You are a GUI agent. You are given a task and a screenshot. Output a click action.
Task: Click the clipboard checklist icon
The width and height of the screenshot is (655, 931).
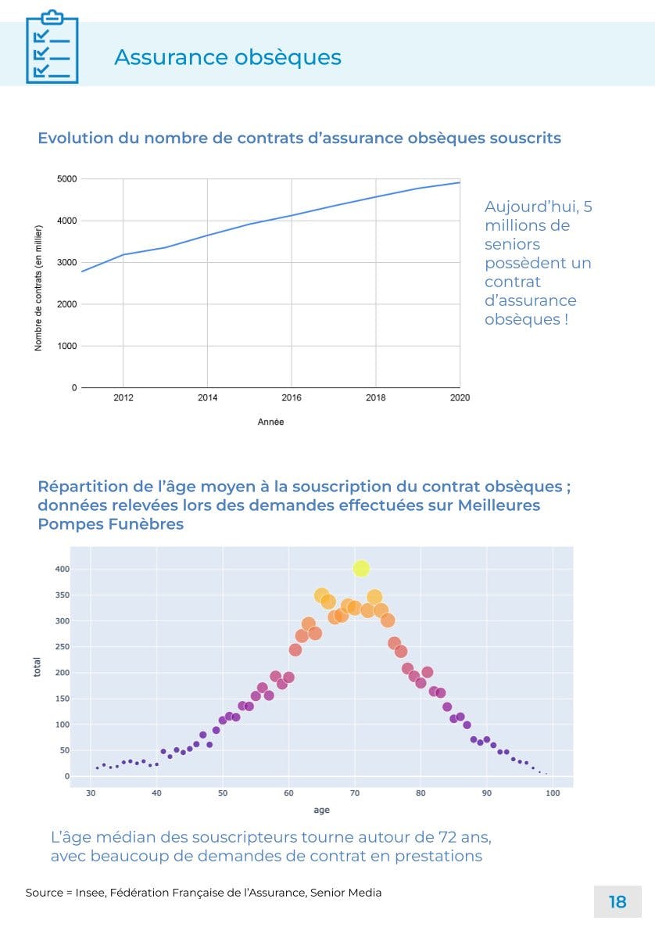pyautogui.click(x=52, y=48)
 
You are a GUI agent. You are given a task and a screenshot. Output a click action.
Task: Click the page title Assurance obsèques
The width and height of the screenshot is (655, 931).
pyautogui.click(x=227, y=57)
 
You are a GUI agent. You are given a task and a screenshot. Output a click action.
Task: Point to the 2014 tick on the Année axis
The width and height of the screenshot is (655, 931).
pyautogui.click(x=207, y=397)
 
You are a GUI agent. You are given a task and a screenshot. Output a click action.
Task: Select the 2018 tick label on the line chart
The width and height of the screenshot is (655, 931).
pyautogui.click(x=375, y=397)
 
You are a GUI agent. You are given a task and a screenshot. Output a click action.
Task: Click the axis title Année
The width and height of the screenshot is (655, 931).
pyautogui.click(x=270, y=422)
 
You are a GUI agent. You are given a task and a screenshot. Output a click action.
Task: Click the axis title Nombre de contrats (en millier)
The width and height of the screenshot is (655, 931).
pyautogui.click(x=38, y=287)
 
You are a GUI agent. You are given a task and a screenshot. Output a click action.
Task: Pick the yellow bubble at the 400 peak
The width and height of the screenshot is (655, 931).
pyautogui.click(x=360, y=569)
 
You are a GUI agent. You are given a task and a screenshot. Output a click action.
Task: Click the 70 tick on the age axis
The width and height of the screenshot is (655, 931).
pyautogui.click(x=354, y=793)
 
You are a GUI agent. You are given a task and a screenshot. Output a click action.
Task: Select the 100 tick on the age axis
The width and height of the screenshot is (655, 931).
pyautogui.click(x=553, y=793)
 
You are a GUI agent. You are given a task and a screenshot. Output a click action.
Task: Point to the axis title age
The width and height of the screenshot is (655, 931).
pyautogui.click(x=321, y=810)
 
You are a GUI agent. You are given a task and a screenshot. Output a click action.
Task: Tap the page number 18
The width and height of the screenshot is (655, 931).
pyautogui.click(x=617, y=902)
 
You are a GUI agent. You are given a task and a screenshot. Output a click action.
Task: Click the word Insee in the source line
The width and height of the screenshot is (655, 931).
pyautogui.click(x=90, y=893)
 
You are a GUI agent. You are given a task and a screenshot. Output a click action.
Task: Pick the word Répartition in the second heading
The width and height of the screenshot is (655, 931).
pyautogui.click(x=84, y=487)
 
